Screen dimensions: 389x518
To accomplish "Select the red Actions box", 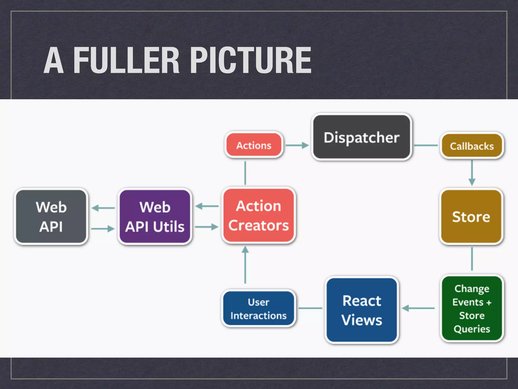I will point(254,145).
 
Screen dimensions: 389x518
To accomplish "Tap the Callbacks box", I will point(472,146).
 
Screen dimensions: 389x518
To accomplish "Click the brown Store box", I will point(471,217).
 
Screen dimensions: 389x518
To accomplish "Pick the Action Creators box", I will point(258,216).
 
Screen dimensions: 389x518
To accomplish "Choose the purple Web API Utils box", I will point(155,217).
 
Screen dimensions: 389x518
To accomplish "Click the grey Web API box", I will point(51,217).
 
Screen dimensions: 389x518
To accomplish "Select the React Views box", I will point(361,310).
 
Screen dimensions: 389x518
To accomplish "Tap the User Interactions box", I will point(258,309).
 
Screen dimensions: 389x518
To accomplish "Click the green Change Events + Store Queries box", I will point(472,308).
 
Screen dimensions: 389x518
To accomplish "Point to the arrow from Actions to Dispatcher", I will point(297,145).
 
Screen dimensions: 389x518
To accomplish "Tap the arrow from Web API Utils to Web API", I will point(103,208).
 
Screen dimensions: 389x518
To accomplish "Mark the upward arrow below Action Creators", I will point(245,265).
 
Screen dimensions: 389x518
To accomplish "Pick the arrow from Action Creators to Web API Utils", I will point(207,206).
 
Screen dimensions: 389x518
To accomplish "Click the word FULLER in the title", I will point(126,61).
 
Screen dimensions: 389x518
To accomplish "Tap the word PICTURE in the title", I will point(251,61).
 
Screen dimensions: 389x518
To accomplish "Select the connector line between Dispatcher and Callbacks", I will point(426,145).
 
